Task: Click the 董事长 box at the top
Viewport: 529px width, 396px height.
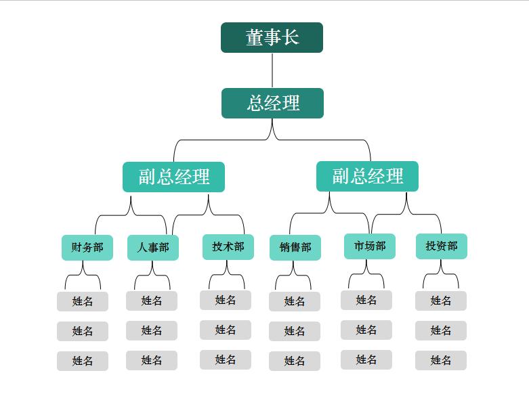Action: click(x=272, y=37)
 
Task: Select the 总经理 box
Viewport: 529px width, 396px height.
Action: click(x=272, y=103)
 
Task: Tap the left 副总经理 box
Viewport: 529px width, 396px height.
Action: click(x=173, y=177)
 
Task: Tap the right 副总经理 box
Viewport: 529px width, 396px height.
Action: click(x=367, y=176)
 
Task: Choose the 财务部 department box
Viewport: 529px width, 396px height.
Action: click(x=87, y=247)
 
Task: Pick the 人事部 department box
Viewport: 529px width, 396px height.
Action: click(x=152, y=247)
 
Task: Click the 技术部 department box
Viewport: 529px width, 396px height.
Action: click(x=228, y=246)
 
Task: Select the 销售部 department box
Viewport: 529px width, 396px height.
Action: click(x=295, y=248)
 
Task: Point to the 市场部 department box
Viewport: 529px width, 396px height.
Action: click(x=369, y=246)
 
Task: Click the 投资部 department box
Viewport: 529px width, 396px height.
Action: click(x=441, y=246)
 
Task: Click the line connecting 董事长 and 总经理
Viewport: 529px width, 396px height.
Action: click(x=272, y=70)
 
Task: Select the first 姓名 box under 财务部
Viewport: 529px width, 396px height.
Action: click(x=82, y=301)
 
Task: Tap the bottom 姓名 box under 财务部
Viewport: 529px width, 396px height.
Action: click(x=82, y=361)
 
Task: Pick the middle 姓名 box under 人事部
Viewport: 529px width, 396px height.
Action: click(x=152, y=330)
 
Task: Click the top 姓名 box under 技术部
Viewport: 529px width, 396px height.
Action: click(x=226, y=300)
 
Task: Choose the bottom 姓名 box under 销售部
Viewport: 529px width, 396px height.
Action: click(x=295, y=361)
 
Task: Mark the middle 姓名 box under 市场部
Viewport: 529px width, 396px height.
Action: click(x=366, y=330)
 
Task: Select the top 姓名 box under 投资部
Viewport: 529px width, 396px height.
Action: click(x=441, y=301)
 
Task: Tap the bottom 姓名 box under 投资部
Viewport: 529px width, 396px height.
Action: click(x=441, y=360)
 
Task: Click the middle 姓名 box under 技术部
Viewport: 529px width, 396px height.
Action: click(x=226, y=330)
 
